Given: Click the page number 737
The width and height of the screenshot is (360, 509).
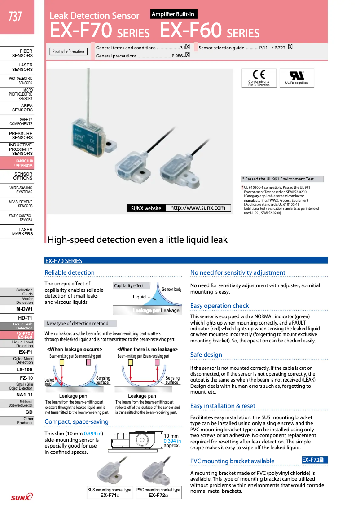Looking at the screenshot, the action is pyautogui.click(x=15, y=17).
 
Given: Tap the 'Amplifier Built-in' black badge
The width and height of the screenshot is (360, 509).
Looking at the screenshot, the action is pyautogui.click(x=173, y=15).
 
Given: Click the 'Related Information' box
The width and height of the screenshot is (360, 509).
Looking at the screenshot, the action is pyautogui.click(x=68, y=52).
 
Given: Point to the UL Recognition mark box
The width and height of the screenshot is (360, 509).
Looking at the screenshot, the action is pyautogui.click(x=297, y=78).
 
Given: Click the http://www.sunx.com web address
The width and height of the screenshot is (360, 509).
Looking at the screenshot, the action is pyautogui.click(x=198, y=208).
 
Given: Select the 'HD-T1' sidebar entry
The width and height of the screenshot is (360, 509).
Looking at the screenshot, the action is pyautogui.click(x=24, y=318).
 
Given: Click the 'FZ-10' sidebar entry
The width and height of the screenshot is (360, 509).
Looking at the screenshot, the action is pyautogui.click(x=24, y=378).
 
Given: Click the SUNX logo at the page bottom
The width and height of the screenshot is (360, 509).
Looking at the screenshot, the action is pyautogui.click(x=22, y=496).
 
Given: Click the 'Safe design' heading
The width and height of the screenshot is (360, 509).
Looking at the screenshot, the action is pyautogui.click(x=206, y=355).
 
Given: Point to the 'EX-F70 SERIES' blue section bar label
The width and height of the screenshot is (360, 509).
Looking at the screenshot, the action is pyautogui.click(x=64, y=261).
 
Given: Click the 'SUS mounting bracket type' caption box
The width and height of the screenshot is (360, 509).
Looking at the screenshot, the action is pyautogui.click(x=110, y=492).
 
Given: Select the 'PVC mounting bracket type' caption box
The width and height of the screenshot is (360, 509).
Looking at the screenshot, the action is pyautogui.click(x=158, y=492).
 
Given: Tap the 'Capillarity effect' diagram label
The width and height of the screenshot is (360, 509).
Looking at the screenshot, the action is pyautogui.click(x=129, y=285).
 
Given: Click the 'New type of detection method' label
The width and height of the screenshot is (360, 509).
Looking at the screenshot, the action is pyautogui.click(x=77, y=323).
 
